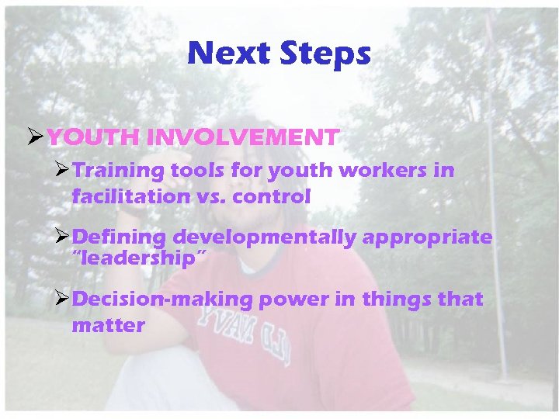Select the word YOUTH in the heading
91,138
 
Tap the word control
272,197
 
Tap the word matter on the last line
108,326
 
